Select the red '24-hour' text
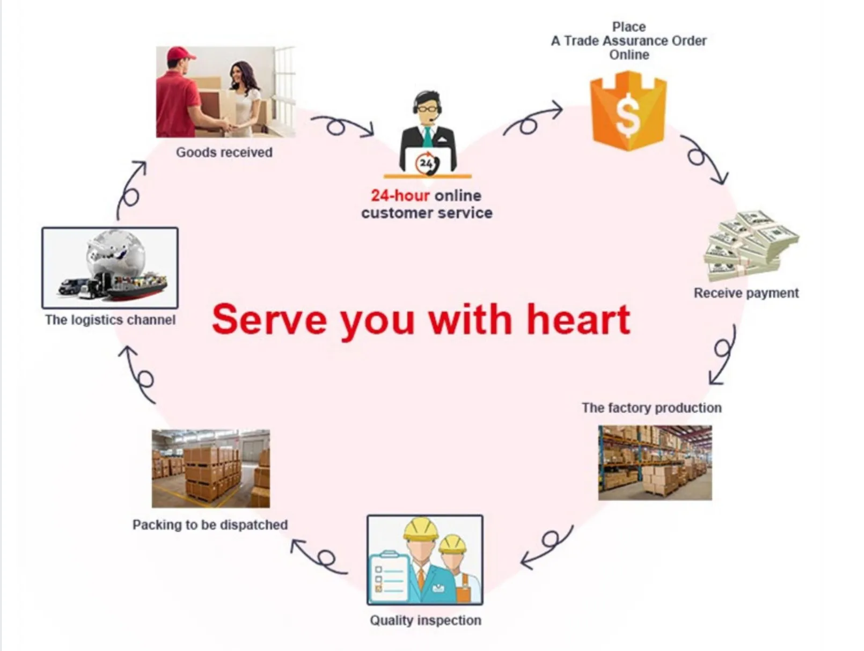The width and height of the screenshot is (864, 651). pyautogui.click(x=400, y=195)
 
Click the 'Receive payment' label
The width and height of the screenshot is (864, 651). pyautogui.click(x=746, y=293)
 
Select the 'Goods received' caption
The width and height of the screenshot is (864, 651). pyautogui.click(x=224, y=152)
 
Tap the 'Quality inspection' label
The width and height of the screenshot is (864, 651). pyautogui.click(x=425, y=620)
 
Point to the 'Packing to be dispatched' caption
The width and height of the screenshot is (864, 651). pyautogui.click(x=210, y=524)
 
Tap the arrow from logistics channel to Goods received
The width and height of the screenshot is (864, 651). pyautogui.click(x=131, y=191)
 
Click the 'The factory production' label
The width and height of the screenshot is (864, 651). pyautogui.click(x=651, y=408)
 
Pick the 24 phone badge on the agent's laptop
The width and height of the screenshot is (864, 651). pyautogui.click(x=427, y=163)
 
